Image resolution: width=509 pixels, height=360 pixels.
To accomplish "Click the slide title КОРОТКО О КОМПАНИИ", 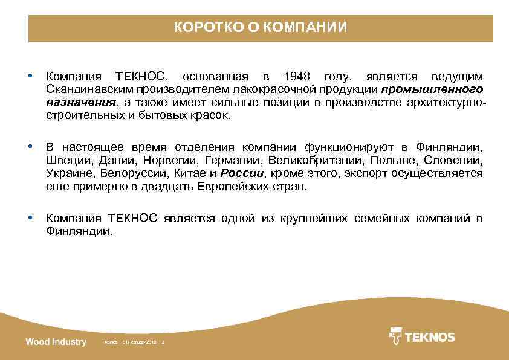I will tap(261, 28).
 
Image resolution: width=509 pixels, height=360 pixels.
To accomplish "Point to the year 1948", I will tap(296, 77).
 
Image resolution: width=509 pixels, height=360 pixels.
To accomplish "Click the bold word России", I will tap(242, 173).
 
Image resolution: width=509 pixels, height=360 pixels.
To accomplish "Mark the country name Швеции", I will tap(69, 161).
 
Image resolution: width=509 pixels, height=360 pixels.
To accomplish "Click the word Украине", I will tap(69, 173).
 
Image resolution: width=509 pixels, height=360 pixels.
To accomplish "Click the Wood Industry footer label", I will tap(56, 342).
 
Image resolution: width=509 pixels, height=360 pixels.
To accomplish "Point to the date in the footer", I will tap(139, 343).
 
